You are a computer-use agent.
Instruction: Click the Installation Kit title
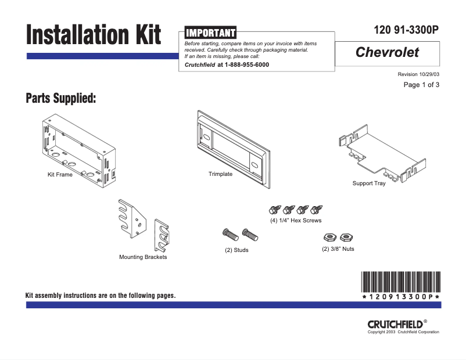point(93,34)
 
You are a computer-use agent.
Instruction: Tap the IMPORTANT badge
point(210,33)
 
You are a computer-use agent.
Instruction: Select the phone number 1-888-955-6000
point(246,65)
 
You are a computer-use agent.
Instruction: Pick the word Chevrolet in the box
point(387,53)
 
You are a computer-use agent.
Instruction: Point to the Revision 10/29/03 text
point(418,74)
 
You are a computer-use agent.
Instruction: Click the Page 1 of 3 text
point(421,85)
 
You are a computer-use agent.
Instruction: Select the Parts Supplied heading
point(60,98)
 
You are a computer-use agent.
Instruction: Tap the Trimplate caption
point(220,174)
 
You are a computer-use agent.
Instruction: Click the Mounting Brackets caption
point(143,257)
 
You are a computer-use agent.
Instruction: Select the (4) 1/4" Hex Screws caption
point(296,221)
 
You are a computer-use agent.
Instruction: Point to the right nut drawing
point(347,237)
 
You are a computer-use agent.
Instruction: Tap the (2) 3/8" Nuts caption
point(338,249)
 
